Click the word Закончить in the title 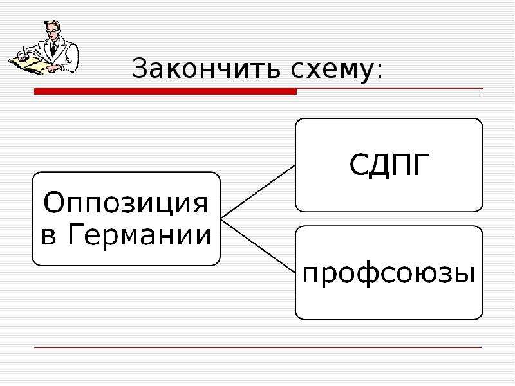tap(206, 69)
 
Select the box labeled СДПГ tap(389, 165)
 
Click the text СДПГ tap(389, 165)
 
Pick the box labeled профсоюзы tap(389, 272)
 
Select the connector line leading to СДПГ tap(258, 192)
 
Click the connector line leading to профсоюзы tap(258, 246)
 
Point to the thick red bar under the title tap(165, 91)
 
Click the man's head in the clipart tap(53, 29)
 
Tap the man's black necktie tap(53, 48)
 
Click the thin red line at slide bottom tap(258, 347)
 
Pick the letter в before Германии tap(48, 237)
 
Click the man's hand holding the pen tap(23, 58)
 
